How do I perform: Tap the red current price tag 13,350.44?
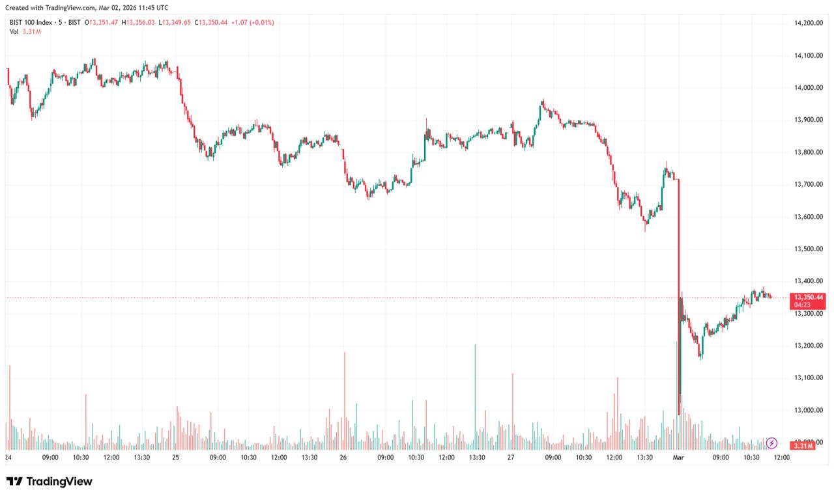coord(810,297)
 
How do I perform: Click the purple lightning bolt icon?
coord(772,443)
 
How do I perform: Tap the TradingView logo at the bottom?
coord(50,482)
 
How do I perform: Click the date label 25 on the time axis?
coord(175,458)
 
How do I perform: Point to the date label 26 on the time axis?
coord(343,458)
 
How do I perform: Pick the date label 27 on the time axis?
coord(511,458)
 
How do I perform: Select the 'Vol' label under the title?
coord(14,31)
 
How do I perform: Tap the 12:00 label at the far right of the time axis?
coord(781,458)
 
